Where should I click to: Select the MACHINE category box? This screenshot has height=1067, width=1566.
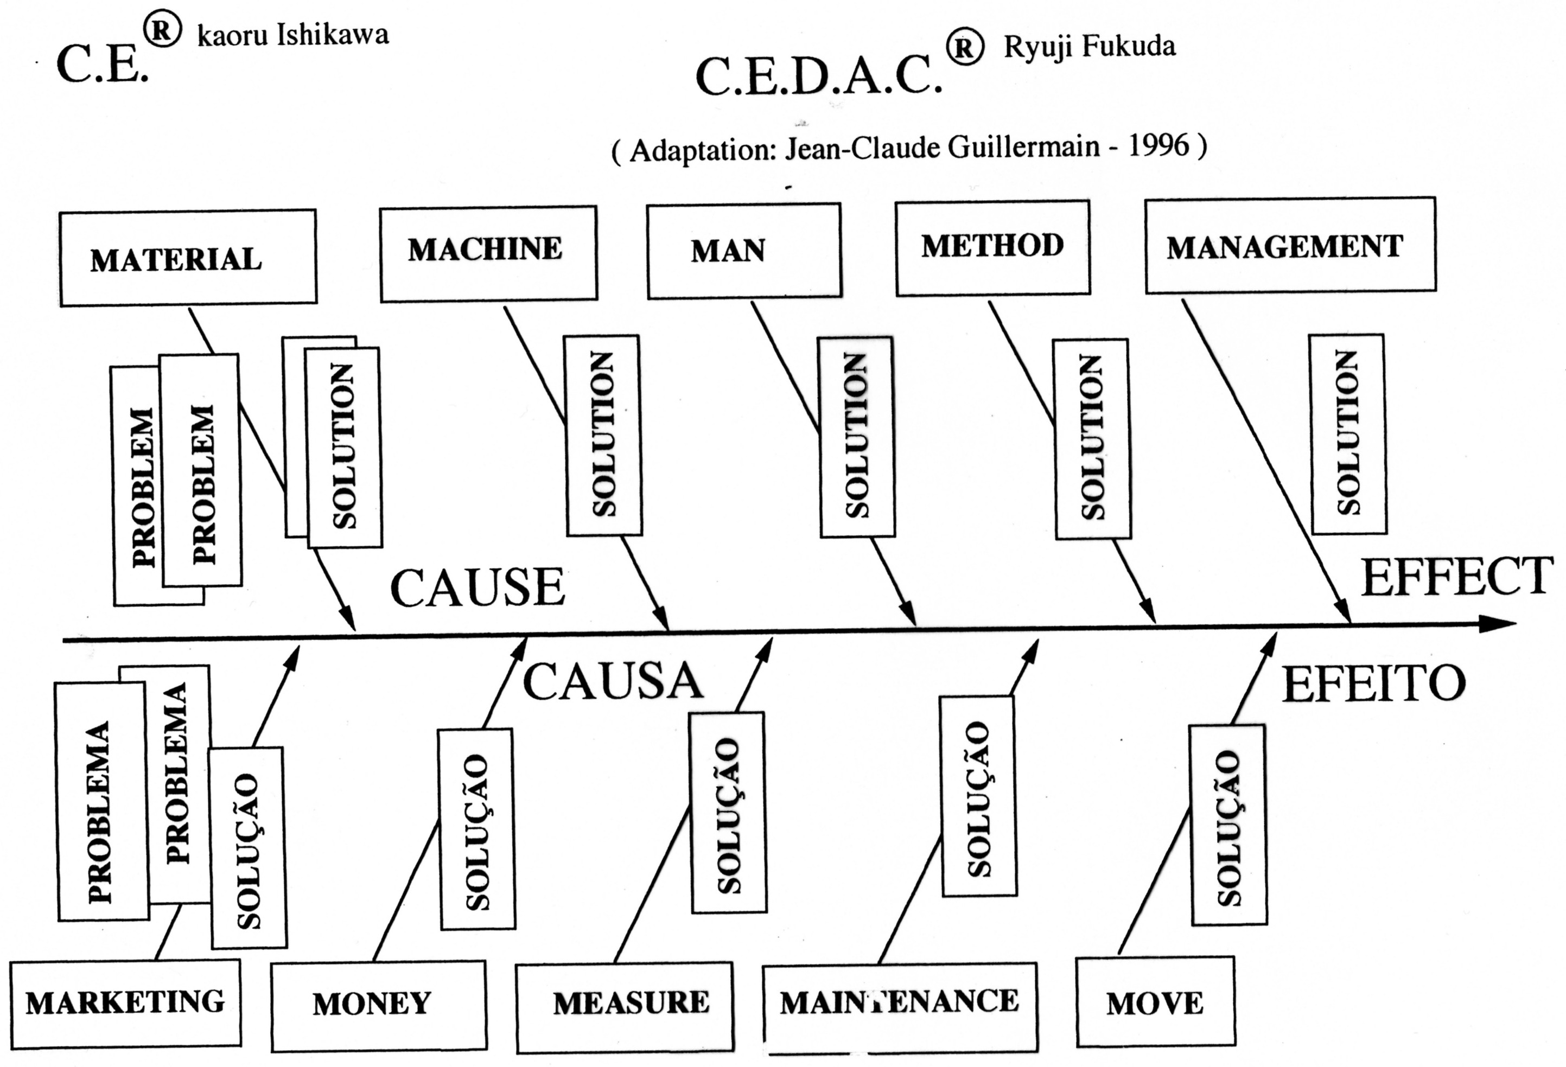pos(488,253)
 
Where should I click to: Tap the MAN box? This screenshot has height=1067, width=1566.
pos(744,251)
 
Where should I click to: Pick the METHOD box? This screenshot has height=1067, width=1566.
pos(992,247)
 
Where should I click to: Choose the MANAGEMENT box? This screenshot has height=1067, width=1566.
pos(1290,246)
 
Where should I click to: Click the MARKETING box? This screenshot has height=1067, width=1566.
pos(126,1003)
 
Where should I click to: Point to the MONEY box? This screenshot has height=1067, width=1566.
pos(378,1005)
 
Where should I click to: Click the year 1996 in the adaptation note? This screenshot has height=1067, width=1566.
pos(1158,145)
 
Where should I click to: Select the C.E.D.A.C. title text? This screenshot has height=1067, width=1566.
pos(818,75)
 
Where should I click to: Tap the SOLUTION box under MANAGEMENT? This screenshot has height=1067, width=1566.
pos(1347,434)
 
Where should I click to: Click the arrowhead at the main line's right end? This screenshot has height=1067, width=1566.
pos(1499,624)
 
